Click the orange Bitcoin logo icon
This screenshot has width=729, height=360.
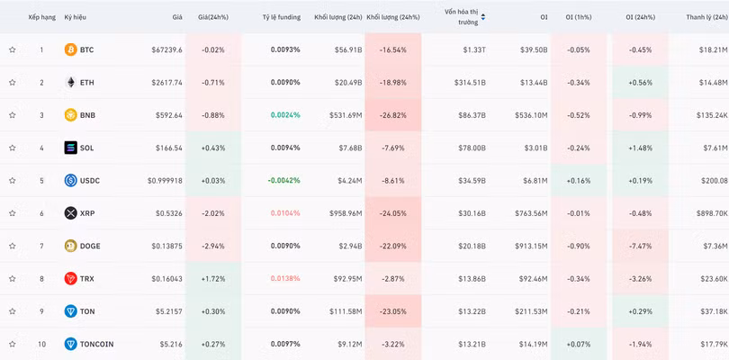71,49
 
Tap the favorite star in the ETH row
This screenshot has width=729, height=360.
12,82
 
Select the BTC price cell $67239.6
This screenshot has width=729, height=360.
166,49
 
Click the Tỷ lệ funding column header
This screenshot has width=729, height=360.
282,17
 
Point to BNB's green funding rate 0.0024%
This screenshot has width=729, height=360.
285,115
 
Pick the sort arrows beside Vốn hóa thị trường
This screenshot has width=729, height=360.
483,17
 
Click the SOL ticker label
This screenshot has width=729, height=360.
86,148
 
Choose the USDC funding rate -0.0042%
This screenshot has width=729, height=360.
284,181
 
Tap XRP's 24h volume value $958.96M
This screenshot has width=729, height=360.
346,213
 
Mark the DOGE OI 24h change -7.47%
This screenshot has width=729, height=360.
641,246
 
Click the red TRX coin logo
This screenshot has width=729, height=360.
71,279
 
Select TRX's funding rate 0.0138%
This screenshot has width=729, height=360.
285,279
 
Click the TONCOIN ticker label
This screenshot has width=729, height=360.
96,344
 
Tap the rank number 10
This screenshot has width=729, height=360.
41,344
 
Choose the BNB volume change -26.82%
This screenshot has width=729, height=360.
393,115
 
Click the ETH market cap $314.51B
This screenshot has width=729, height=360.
470,82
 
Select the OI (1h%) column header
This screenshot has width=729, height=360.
579,17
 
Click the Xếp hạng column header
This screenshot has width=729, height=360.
41,17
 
